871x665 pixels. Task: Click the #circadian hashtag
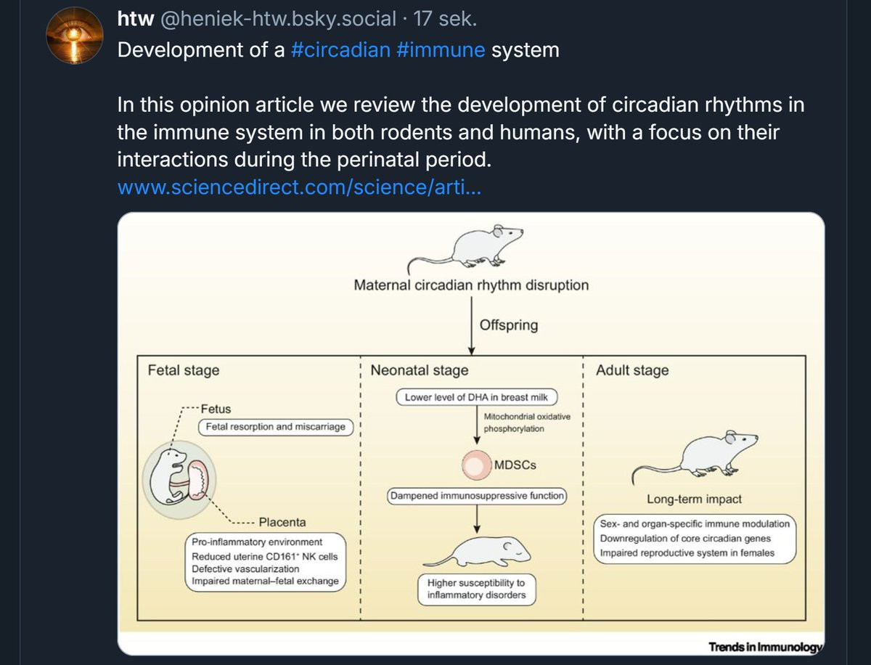click(x=340, y=51)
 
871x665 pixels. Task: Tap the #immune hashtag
click(x=441, y=51)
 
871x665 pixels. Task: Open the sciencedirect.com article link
click(x=298, y=187)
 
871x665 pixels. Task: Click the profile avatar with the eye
click(x=75, y=37)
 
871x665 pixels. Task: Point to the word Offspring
click(x=509, y=325)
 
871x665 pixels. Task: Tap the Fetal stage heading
click(x=184, y=370)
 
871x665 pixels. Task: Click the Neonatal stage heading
click(x=420, y=370)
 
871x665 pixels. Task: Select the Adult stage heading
click(x=632, y=370)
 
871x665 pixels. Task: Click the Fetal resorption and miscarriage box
click(x=275, y=427)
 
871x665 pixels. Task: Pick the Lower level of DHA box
click(x=478, y=397)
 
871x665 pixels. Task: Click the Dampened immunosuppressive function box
click(x=477, y=496)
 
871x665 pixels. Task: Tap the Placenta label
click(x=282, y=522)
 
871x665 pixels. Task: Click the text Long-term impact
click(x=694, y=499)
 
